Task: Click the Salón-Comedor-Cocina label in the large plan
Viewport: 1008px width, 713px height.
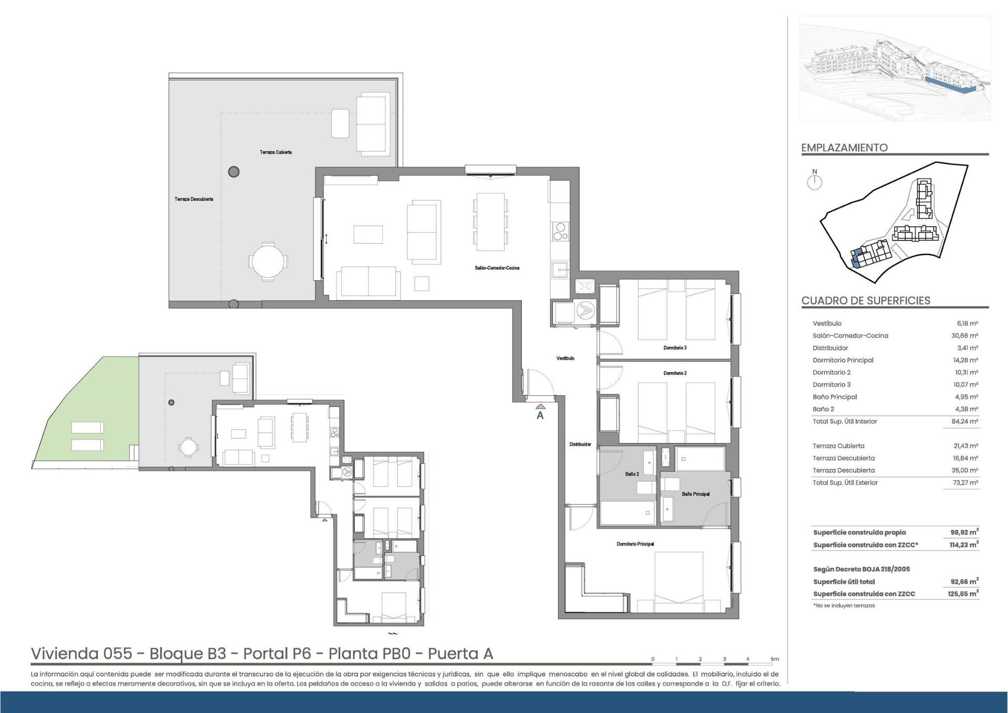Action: (x=497, y=268)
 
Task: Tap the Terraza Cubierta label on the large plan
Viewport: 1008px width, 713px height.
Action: (x=276, y=152)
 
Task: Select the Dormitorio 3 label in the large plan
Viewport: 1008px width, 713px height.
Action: (x=675, y=348)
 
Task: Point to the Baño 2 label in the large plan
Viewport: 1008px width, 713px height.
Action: (x=632, y=474)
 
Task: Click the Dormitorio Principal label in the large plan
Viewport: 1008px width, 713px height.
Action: (x=635, y=544)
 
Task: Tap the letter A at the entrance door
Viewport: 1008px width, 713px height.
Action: (x=540, y=415)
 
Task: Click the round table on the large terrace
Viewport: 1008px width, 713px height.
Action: (x=268, y=261)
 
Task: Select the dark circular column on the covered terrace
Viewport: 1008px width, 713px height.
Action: (x=234, y=171)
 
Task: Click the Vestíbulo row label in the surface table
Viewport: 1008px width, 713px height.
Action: (x=827, y=323)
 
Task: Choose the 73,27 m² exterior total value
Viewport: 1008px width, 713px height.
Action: (x=966, y=483)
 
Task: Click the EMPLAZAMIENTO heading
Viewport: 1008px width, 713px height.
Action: (x=844, y=148)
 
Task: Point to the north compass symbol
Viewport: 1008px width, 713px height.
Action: (x=815, y=180)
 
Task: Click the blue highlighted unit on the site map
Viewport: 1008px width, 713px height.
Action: (x=856, y=259)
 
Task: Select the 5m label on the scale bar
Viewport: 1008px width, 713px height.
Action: (x=774, y=659)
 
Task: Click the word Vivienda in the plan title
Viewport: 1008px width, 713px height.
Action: (x=65, y=654)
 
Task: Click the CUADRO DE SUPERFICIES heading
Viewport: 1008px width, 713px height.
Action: (x=866, y=301)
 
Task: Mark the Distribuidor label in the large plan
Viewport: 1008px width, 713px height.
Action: (x=580, y=445)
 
